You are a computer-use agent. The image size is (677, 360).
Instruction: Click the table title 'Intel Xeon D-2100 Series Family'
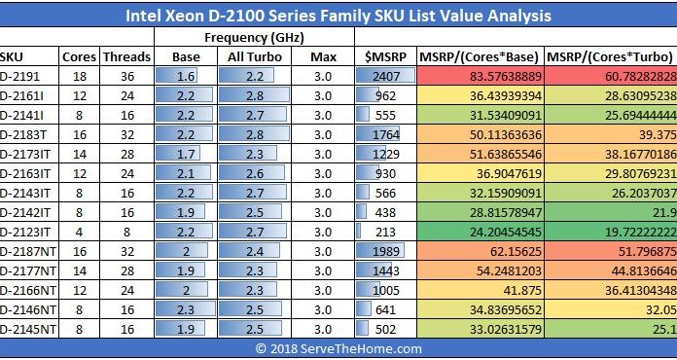point(338,16)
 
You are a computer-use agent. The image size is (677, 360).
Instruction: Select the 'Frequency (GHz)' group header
point(255,37)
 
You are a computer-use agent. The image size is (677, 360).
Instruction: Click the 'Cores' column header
point(79,56)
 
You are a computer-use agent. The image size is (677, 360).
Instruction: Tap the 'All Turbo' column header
point(250,56)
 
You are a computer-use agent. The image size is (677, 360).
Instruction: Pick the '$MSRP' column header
point(384,56)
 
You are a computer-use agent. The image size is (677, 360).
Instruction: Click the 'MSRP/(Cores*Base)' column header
point(481,56)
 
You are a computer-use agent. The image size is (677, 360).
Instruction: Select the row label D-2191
point(21,75)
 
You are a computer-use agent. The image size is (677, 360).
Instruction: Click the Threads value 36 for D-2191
point(126,75)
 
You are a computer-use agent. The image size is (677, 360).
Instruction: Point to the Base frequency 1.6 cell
point(186,75)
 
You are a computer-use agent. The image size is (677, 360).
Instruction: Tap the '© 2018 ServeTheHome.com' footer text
point(338,348)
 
